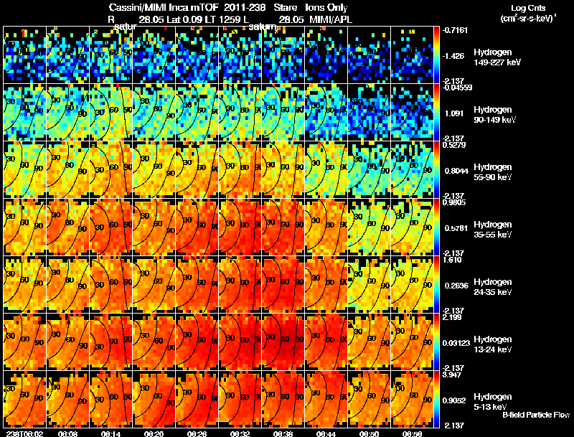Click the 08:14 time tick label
111,433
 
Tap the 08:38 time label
283,433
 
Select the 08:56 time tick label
413,433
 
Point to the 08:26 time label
197,433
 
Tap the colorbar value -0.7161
455,31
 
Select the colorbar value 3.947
453,375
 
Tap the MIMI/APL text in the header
329,19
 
